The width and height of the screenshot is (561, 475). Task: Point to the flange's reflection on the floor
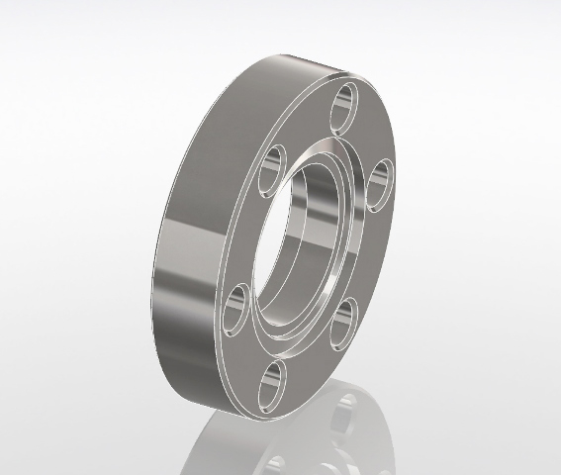[x=327, y=435]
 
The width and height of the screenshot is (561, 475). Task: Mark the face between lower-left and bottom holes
[x=242, y=356]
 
